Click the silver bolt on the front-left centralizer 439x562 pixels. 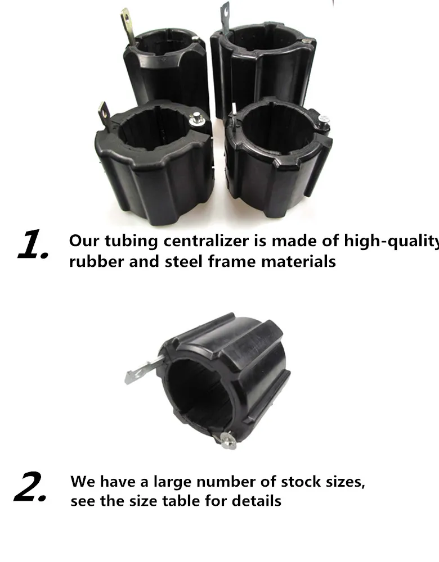197,119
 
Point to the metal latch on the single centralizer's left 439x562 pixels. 141,371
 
